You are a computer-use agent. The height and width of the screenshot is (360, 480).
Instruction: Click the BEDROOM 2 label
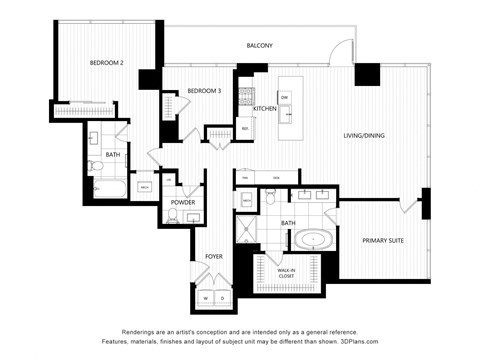(106, 64)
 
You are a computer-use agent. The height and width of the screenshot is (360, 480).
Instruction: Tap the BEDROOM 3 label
(204, 92)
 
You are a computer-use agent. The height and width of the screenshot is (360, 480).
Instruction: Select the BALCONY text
(260, 47)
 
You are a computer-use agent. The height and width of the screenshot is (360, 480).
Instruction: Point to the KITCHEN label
(265, 108)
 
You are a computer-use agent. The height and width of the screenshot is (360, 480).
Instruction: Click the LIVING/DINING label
(364, 136)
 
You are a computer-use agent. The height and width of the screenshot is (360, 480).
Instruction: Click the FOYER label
(214, 257)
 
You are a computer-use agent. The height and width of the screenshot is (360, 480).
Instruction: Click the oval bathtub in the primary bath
(315, 240)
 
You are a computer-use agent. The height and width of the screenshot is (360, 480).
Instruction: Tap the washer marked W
(206, 297)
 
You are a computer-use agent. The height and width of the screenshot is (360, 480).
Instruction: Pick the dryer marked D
(221, 297)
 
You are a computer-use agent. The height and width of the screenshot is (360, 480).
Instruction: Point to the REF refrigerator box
(244, 128)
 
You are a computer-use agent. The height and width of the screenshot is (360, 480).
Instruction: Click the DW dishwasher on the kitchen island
(285, 97)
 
